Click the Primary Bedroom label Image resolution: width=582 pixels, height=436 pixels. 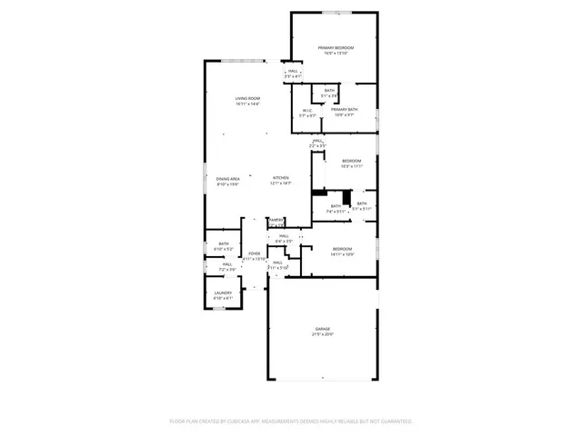[x=336, y=47]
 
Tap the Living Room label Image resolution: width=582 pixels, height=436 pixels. [x=248, y=98]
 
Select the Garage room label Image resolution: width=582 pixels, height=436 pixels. [x=323, y=328]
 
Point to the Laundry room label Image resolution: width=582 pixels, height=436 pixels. [x=223, y=292]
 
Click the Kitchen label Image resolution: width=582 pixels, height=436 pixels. [x=281, y=178]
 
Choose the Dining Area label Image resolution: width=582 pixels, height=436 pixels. [x=228, y=179]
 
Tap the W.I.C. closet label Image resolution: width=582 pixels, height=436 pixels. [x=309, y=110]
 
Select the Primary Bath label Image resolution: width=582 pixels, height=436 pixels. [x=346, y=110]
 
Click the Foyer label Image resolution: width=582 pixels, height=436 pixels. [x=255, y=253]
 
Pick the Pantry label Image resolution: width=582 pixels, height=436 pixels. [x=276, y=219]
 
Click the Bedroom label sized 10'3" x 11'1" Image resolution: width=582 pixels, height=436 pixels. [x=352, y=161]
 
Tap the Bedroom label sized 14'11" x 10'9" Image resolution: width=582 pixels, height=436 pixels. [x=343, y=249]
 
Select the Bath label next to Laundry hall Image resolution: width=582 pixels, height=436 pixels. [x=224, y=243]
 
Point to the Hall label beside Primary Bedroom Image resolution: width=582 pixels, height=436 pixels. [x=293, y=72]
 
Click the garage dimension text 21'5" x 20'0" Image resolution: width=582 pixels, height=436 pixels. [x=323, y=334]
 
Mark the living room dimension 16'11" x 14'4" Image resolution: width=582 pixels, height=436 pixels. [x=248, y=104]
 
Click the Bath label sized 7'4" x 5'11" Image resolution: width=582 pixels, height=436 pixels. [x=336, y=206]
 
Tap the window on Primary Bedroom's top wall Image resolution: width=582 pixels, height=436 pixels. [x=336, y=13]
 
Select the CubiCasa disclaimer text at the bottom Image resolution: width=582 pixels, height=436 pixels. [x=291, y=421]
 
